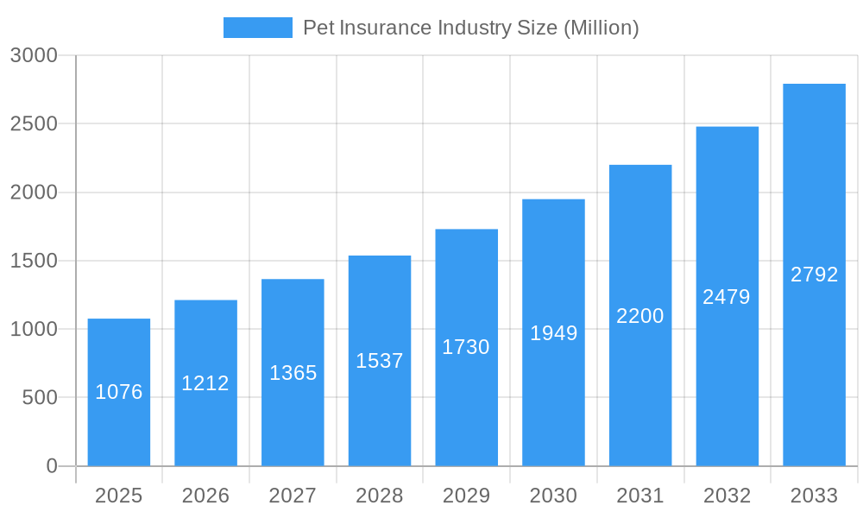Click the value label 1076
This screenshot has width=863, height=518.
coord(119,392)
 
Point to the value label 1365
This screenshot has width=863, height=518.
coord(293,373)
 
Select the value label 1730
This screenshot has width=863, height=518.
coord(466,347)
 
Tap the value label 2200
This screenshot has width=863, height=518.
coord(640,316)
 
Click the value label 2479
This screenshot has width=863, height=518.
coord(727,297)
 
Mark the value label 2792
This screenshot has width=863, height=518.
coord(814,275)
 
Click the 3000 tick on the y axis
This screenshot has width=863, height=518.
coord(34,55)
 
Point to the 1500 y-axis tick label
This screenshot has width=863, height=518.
coord(34,261)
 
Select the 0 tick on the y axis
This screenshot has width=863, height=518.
coord(51,466)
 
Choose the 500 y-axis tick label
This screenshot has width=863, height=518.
coord(39,398)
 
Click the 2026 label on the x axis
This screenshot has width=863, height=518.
coord(205,496)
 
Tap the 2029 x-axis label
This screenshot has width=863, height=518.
coord(466,496)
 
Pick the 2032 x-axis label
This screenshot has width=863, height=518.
coord(727,496)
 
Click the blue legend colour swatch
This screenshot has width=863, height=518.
coord(257,28)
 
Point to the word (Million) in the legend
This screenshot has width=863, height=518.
coord(601,28)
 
